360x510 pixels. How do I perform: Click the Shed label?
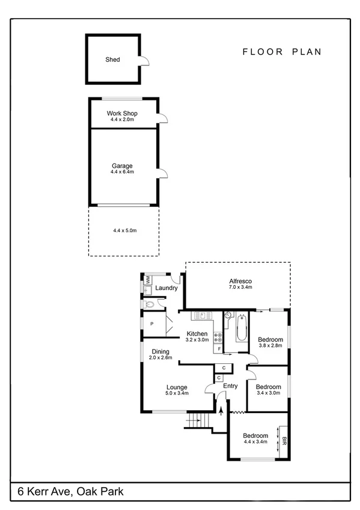(112, 60)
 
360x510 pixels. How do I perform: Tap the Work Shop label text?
(122, 113)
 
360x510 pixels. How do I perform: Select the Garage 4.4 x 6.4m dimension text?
(122, 172)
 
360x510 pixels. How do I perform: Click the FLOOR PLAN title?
(282, 52)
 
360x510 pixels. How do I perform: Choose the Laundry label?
(166, 288)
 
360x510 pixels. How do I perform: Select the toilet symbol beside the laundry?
(150, 305)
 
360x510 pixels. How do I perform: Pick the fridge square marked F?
(219, 349)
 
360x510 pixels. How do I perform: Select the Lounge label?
(177, 387)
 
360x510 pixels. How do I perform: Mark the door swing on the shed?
(144, 60)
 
